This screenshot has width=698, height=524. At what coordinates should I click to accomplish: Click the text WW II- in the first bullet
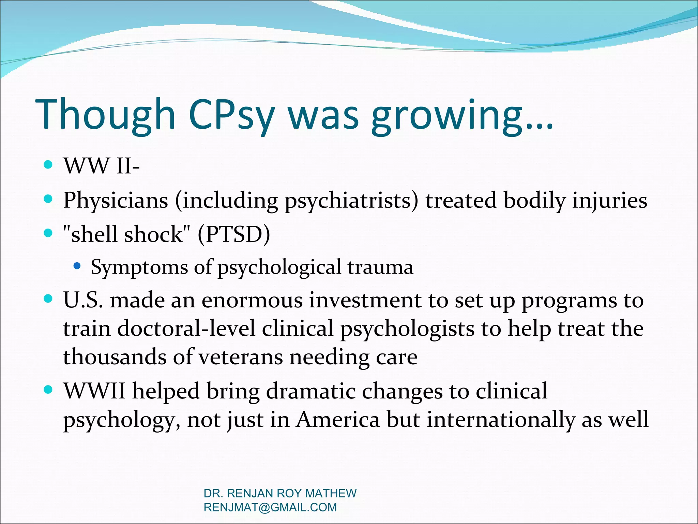point(102,166)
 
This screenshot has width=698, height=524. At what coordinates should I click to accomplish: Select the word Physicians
point(116,201)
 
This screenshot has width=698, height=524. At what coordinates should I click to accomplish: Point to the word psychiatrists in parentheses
point(348,201)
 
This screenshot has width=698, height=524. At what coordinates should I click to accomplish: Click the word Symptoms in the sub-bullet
point(139,267)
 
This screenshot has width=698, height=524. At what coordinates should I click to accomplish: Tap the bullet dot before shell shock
point(48,233)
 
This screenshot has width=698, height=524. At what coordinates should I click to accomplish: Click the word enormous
point(252,301)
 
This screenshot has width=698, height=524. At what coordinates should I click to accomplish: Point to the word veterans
point(240,358)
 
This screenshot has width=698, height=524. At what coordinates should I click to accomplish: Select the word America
point(337,420)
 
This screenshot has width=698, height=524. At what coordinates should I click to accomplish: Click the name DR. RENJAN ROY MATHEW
point(280,493)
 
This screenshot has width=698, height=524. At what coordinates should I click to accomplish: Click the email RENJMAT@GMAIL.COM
point(270,507)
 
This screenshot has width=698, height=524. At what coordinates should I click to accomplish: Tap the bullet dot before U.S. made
point(48,299)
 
